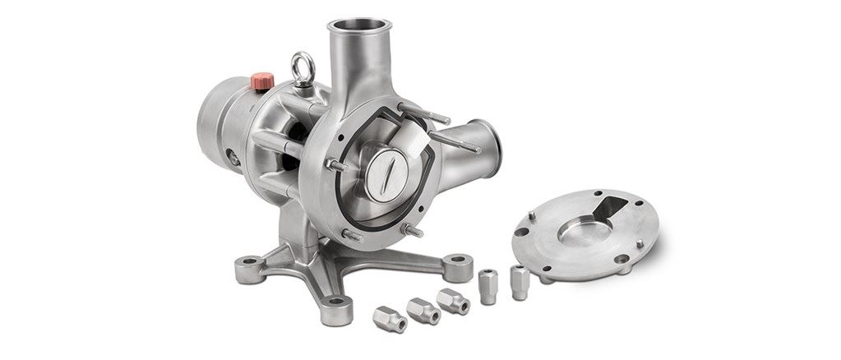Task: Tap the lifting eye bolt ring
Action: click(x=302, y=62)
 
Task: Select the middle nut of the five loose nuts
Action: click(x=453, y=300)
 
